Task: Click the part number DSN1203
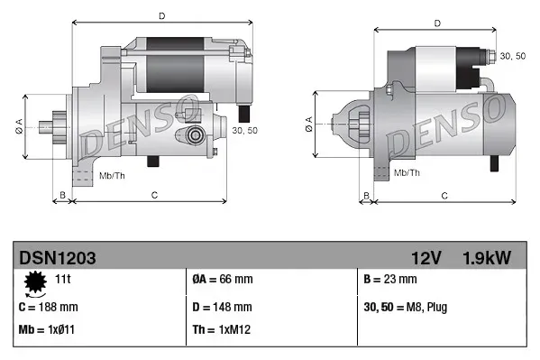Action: pos(58,258)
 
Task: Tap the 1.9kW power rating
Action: pos(488,258)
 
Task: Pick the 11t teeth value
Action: pos(64,281)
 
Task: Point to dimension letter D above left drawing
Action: pos(161,15)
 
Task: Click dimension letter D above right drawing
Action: pos(437,23)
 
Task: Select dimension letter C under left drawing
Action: pos(154,194)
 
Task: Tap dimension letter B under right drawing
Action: pos(365,195)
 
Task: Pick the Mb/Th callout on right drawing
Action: pos(407,171)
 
